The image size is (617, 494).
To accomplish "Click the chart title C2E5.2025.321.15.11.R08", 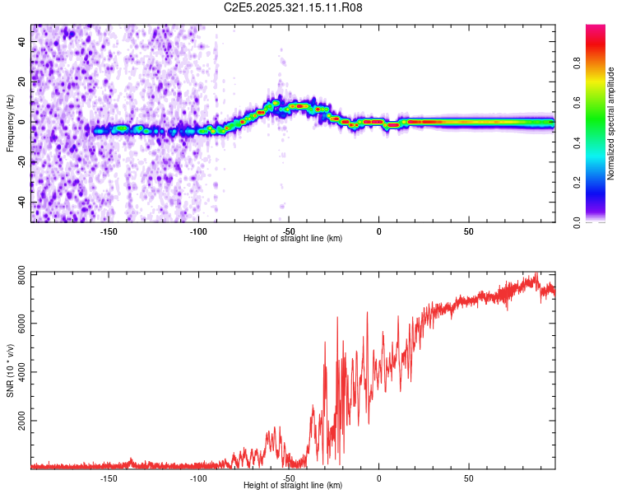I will click(x=294, y=7).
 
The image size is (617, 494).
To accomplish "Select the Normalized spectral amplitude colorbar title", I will click(x=610, y=124).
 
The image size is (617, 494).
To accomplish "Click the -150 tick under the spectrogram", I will click(x=109, y=231).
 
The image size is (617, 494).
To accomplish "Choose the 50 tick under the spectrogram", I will click(x=468, y=231).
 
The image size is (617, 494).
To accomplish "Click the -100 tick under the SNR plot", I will click(x=198, y=478).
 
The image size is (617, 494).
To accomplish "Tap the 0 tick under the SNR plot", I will click(x=378, y=478).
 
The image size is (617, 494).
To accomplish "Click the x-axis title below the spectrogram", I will click(x=293, y=239).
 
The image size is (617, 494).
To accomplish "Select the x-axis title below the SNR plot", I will click(x=293, y=486).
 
